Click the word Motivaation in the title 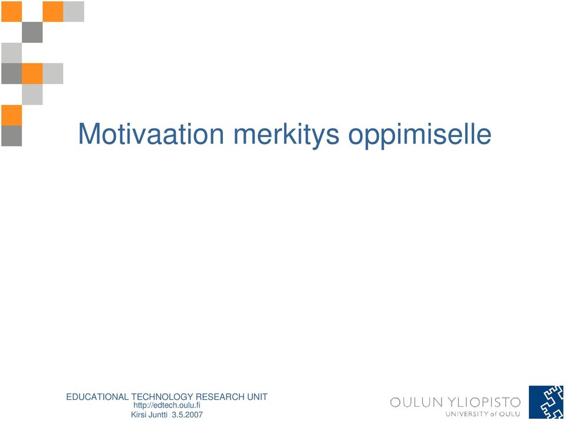click(x=151, y=134)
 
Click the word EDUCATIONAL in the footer click(x=97, y=397)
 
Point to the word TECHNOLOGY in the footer click(x=162, y=397)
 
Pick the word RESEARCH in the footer click(x=220, y=397)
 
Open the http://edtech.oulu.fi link click(x=167, y=406)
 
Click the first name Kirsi click(x=139, y=415)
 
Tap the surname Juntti click(x=158, y=415)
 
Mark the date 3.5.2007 click(x=187, y=415)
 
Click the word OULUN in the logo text click(x=416, y=402)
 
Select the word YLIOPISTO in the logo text click(x=484, y=402)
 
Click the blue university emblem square click(x=546, y=402)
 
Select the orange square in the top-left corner click(x=12, y=12)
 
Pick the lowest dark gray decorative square click(x=12, y=136)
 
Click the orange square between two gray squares click(x=32, y=74)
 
